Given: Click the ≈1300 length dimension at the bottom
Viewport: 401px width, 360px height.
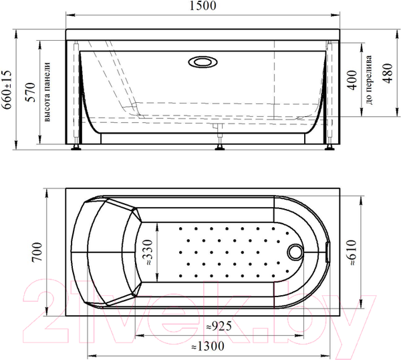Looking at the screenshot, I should click(207, 346).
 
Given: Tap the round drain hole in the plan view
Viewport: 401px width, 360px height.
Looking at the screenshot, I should click(294, 252).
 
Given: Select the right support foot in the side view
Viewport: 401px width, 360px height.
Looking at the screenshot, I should click(329, 145).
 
